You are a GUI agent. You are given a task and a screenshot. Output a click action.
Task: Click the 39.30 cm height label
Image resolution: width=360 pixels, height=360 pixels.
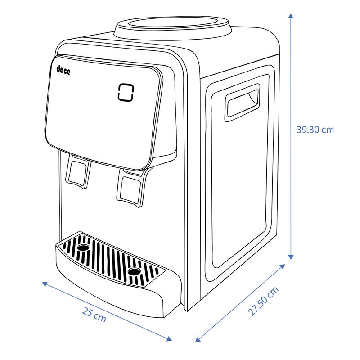click(x=315, y=130)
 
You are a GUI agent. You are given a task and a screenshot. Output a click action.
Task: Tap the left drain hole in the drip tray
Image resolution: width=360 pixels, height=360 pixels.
click(x=84, y=248)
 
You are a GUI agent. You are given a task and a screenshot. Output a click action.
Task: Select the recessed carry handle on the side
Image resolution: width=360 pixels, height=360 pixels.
click(x=243, y=103)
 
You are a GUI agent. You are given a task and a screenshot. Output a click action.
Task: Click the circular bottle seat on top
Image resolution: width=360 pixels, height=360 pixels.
click(x=173, y=26)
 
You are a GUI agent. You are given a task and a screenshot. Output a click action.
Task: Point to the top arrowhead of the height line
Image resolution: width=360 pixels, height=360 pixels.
click(x=291, y=16)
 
